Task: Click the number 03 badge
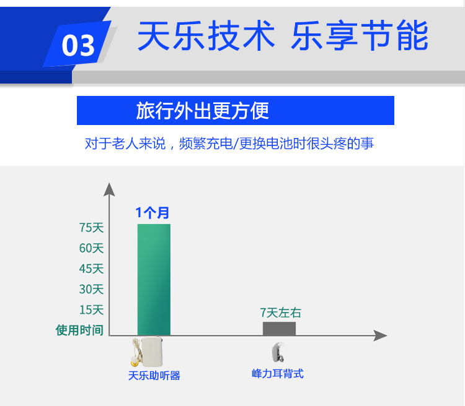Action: point(77,45)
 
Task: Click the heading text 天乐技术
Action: point(206,35)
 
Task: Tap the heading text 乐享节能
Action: point(360,35)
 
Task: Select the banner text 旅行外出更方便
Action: point(203,110)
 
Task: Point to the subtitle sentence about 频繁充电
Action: point(229,144)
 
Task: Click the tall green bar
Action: point(154,280)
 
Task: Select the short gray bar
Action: point(279,329)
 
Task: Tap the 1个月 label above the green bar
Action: point(153,213)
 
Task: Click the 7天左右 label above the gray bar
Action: point(280,313)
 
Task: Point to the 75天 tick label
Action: point(91,228)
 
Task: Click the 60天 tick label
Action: point(91,248)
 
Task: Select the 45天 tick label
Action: point(91,269)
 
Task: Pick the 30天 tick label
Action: point(91,289)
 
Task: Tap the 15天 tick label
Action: point(91,309)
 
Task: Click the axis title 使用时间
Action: point(79,330)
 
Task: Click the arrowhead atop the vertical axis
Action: point(109,189)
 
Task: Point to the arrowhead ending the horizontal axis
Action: point(380,335)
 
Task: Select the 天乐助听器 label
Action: point(154,376)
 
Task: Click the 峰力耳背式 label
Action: point(278,374)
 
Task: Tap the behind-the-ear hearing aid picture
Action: point(278,352)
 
